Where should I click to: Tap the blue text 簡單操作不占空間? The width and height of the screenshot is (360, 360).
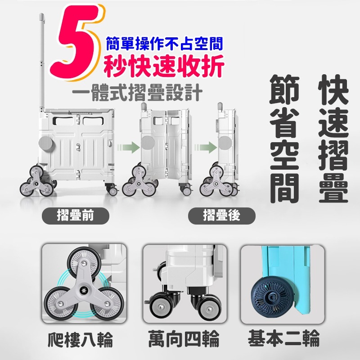[x=164, y=44]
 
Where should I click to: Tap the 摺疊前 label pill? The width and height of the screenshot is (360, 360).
[x=76, y=216]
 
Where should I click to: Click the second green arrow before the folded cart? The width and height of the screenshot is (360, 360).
[x=207, y=147]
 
